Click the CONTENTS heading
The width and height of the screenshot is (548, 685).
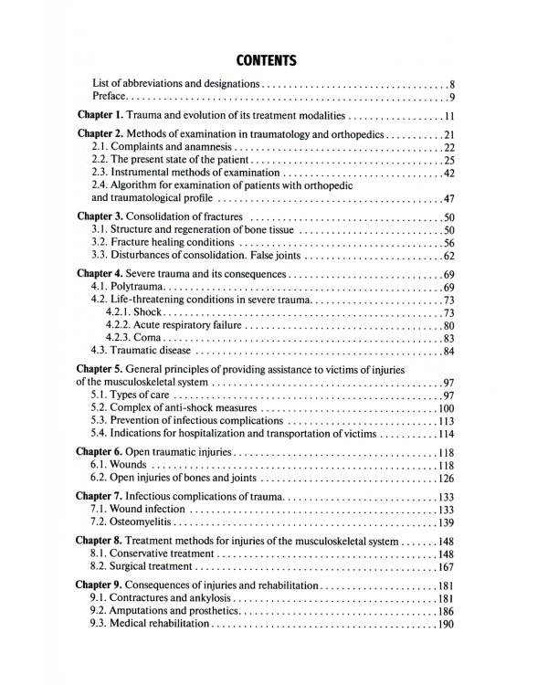pos(266,61)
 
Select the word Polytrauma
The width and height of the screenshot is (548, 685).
pos(133,288)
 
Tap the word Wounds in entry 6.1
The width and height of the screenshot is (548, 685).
pos(132,465)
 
